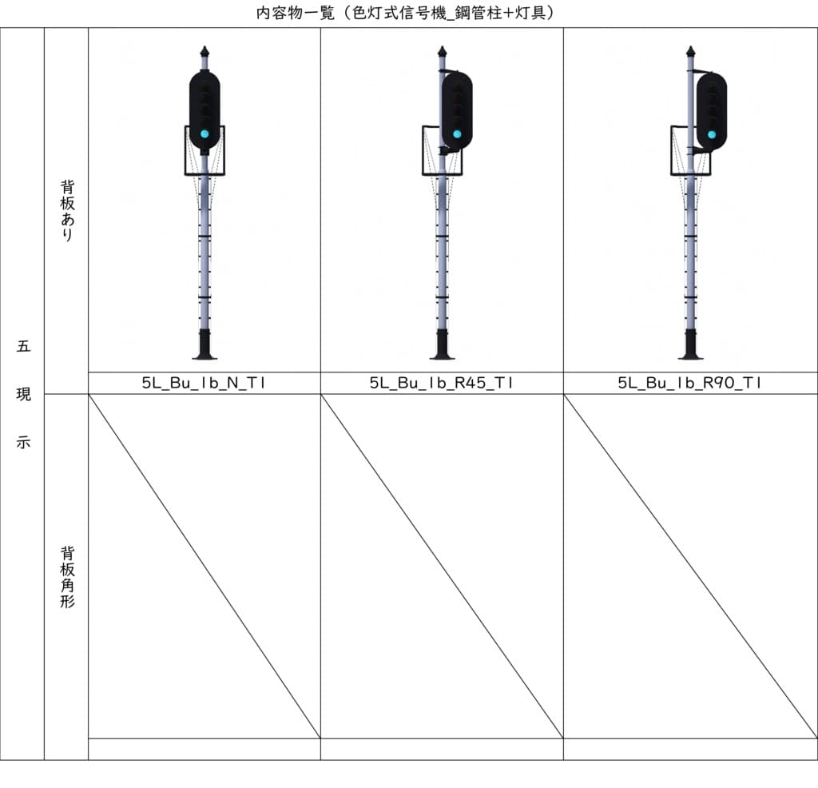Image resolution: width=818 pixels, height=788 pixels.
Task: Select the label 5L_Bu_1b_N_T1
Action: click(204, 383)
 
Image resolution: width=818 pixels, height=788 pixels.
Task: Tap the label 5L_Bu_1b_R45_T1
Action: click(441, 383)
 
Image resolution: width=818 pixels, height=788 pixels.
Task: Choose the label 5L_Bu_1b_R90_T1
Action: click(689, 383)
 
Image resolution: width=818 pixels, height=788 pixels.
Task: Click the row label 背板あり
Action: click(67, 210)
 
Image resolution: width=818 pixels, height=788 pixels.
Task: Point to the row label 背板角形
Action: click(67, 577)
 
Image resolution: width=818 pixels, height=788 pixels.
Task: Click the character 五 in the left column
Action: click(23, 347)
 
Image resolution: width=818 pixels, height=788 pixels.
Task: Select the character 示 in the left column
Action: click(23, 442)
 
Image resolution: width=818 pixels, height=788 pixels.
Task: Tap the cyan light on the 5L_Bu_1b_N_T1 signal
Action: click(204, 133)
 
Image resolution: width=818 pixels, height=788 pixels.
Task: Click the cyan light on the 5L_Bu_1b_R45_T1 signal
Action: click(457, 133)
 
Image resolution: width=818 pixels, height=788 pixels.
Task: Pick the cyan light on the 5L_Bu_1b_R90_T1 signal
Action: click(712, 134)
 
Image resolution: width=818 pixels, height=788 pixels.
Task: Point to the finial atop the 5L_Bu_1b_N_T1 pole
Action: click(204, 52)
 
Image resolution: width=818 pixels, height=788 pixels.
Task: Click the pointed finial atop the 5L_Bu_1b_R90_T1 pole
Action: click(690, 52)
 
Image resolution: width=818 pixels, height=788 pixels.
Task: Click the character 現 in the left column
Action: click(23, 395)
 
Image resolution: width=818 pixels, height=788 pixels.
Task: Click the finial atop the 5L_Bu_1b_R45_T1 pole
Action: click(442, 52)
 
